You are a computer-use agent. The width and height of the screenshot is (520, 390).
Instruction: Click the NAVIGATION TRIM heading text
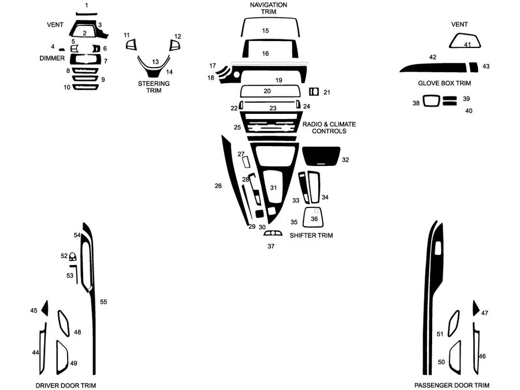(x=268, y=8)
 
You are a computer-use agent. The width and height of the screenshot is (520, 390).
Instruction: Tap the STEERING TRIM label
(x=154, y=87)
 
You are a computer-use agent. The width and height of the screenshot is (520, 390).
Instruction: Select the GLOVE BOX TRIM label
(x=444, y=83)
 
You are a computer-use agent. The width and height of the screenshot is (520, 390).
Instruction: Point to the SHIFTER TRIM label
(x=311, y=236)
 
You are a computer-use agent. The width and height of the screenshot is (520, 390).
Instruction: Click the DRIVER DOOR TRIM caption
(x=66, y=385)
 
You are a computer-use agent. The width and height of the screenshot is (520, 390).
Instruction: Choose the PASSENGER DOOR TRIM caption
(x=451, y=385)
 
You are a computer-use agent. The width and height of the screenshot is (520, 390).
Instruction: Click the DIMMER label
(x=52, y=58)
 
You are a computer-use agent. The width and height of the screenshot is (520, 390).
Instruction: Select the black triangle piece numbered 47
(x=475, y=309)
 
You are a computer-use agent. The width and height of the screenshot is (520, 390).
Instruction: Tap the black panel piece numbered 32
(x=321, y=155)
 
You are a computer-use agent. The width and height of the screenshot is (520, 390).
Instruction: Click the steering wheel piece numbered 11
(x=131, y=44)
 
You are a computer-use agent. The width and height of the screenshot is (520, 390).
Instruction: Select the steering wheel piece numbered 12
(x=174, y=45)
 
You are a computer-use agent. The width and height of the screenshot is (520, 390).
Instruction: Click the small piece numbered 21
(x=314, y=92)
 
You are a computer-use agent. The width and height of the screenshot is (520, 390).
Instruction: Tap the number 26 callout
(x=218, y=186)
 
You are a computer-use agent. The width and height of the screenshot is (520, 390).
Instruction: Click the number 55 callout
(x=103, y=302)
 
